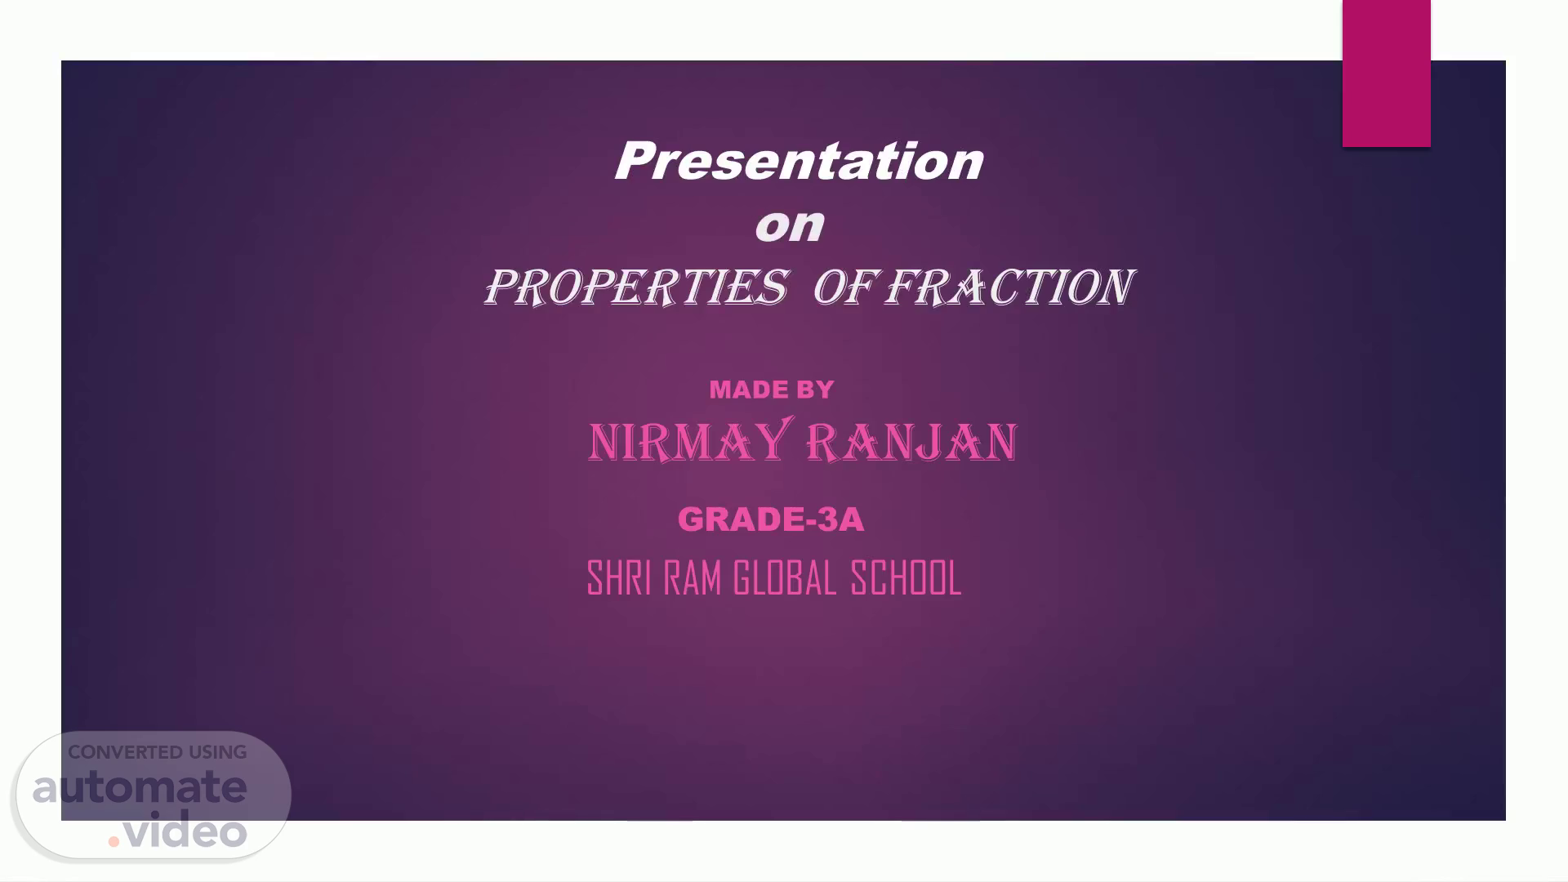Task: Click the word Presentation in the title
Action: [x=799, y=161]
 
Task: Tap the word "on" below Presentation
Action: [x=789, y=225]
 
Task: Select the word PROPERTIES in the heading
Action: [x=636, y=287]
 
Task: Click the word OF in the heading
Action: [x=844, y=287]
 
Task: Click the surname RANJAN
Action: [x=912, y=443]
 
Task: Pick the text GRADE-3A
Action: [x=771, y=519]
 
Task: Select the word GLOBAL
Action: [x=785, y=578]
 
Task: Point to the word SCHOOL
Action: [x=906, y=578]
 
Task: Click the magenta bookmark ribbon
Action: [x=1387, y=73]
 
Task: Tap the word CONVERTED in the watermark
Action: [x=125, y=753]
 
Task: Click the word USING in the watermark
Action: [x=218, y=753]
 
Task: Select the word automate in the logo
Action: [x=140, y=787]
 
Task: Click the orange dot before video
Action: [x=114, y=840]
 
